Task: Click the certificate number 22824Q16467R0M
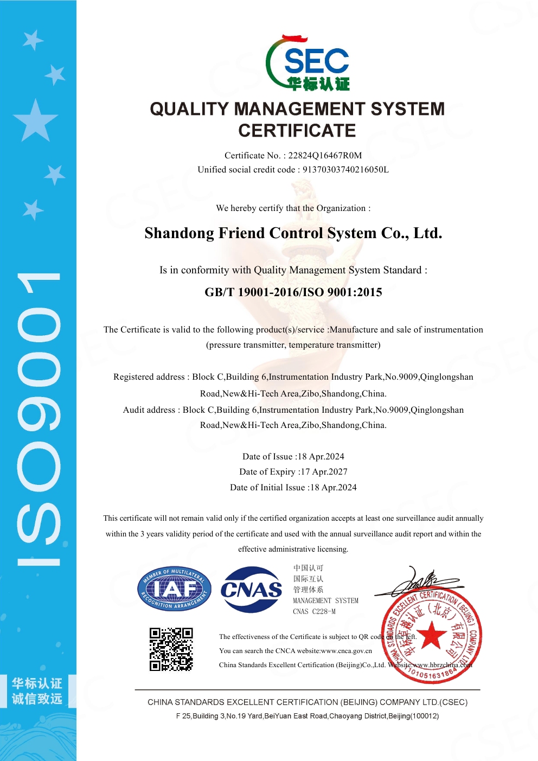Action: (x=325, y=156)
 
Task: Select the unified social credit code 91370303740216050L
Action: (x=345, y=170)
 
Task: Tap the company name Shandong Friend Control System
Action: (x=293, y=233)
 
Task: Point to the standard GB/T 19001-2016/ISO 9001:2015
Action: (x=293, y=292)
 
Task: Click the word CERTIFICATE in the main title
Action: (x=297, y=131)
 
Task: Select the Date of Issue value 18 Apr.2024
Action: (x=321, y=457)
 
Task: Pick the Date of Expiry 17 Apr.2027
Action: (x=324, y=472)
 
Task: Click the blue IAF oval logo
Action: (x=174, y=589)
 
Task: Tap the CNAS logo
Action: (x=251, y=590)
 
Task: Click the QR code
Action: (x=171, y=649)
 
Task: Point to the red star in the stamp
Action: (x=431, y=635)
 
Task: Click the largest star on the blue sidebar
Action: (x=35, y=120)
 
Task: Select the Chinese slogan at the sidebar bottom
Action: (x=37, y=691)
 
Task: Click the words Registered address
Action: (x=149, y=377)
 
